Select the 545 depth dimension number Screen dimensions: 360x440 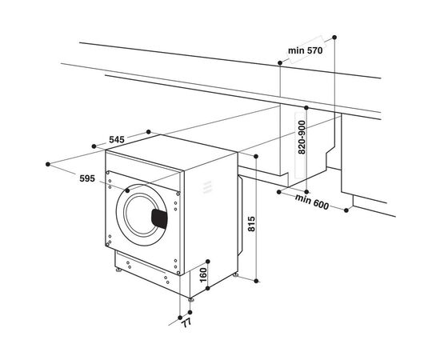(x=117, y=140)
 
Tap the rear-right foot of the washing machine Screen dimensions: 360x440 (x=236, y=274)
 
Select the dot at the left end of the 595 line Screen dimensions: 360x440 (x=50, y=163)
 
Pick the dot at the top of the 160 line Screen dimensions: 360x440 (x=207, y=261)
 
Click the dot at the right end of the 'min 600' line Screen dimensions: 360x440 (x=346, y=210)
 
